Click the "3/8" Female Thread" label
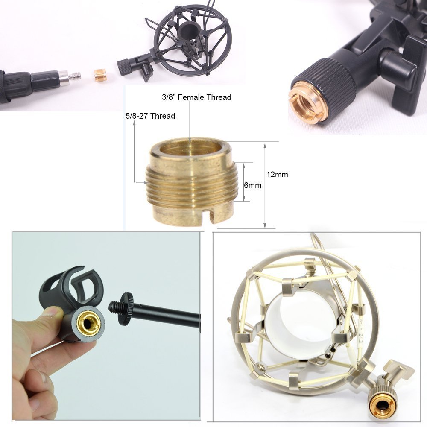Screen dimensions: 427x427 [x=196, y=97]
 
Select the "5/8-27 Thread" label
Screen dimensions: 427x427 [x=150, y=116]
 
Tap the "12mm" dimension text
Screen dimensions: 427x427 [x=277, y=175]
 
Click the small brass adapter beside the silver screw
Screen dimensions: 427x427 [x=100, y=76]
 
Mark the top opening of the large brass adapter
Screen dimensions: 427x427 [x=190, y=148]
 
